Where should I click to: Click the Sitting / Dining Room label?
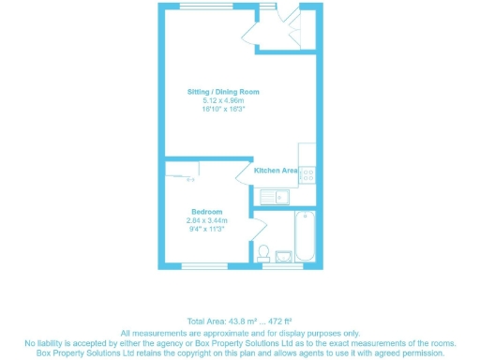[x=222, y=92]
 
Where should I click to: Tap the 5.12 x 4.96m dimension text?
[x=222, y=100]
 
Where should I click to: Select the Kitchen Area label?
[x=276, y=171]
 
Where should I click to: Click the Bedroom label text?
[x=207, y=212]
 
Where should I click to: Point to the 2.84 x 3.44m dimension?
[x=207, y=220]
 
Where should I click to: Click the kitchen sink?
[x=277, y=196]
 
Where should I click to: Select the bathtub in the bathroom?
[x=305, y=235]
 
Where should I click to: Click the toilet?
[x=263, y=252]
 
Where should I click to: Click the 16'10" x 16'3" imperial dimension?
[x=222, y=109]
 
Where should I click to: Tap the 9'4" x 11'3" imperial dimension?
[x=207, y=229]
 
